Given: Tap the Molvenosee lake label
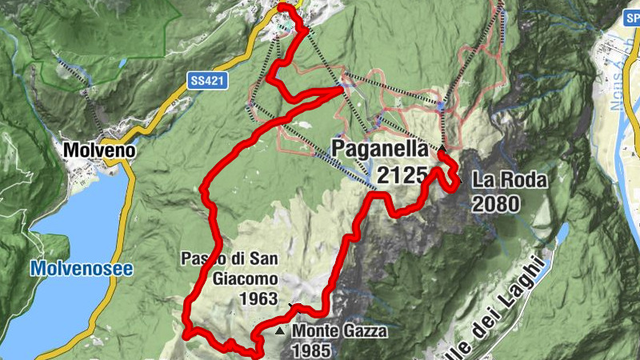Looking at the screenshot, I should tap(71, 268).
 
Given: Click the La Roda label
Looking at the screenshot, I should tap(510, 180).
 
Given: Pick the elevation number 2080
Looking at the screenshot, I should tap(495, 203).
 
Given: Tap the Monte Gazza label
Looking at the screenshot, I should tap(339, 330).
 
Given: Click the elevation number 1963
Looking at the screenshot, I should tap(258, 298).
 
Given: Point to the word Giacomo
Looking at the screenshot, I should tap(246, 278).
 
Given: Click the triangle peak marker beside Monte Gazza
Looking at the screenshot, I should tap(279, 330).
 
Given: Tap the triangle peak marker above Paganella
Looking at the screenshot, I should tap(442, 149).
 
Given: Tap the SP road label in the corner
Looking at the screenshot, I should tap(630, 15).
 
